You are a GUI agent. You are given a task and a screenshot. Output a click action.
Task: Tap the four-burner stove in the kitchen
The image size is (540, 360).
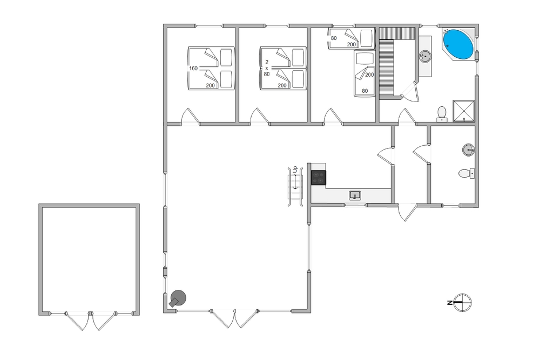coord(319,178)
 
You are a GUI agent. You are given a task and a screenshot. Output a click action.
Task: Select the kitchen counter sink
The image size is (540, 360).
coord(355,195)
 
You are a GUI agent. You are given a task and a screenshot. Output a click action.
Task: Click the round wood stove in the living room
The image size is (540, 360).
coord(178,298)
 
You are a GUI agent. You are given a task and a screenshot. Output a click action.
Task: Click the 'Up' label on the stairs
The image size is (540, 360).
coord(295,169)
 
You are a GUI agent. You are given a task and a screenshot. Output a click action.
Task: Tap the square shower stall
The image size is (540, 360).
coord(463,111)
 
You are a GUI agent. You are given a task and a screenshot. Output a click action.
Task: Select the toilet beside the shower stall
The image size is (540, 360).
coord(442,114)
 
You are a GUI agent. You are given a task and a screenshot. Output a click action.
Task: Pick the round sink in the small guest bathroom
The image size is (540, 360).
coord(468,150)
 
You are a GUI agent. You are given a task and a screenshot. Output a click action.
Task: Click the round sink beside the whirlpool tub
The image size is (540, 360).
coord(426,56)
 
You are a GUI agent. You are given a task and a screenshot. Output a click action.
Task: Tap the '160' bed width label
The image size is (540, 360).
coord(193,69)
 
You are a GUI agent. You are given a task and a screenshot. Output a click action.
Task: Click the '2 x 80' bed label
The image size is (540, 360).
coord(267,68)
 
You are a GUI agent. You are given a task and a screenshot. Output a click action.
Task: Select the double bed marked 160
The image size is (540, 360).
coord(211,68)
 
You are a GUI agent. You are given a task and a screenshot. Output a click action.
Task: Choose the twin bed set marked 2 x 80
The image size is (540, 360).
coord(283,68)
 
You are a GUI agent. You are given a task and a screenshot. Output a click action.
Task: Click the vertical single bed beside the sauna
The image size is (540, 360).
coord(364,73)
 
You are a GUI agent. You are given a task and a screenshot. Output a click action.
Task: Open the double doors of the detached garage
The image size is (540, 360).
coord(90,321)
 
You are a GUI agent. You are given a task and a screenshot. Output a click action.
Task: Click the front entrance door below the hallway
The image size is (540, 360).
coord(407,212)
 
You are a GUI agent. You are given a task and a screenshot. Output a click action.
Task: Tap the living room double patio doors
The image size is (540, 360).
coord(234,318)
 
